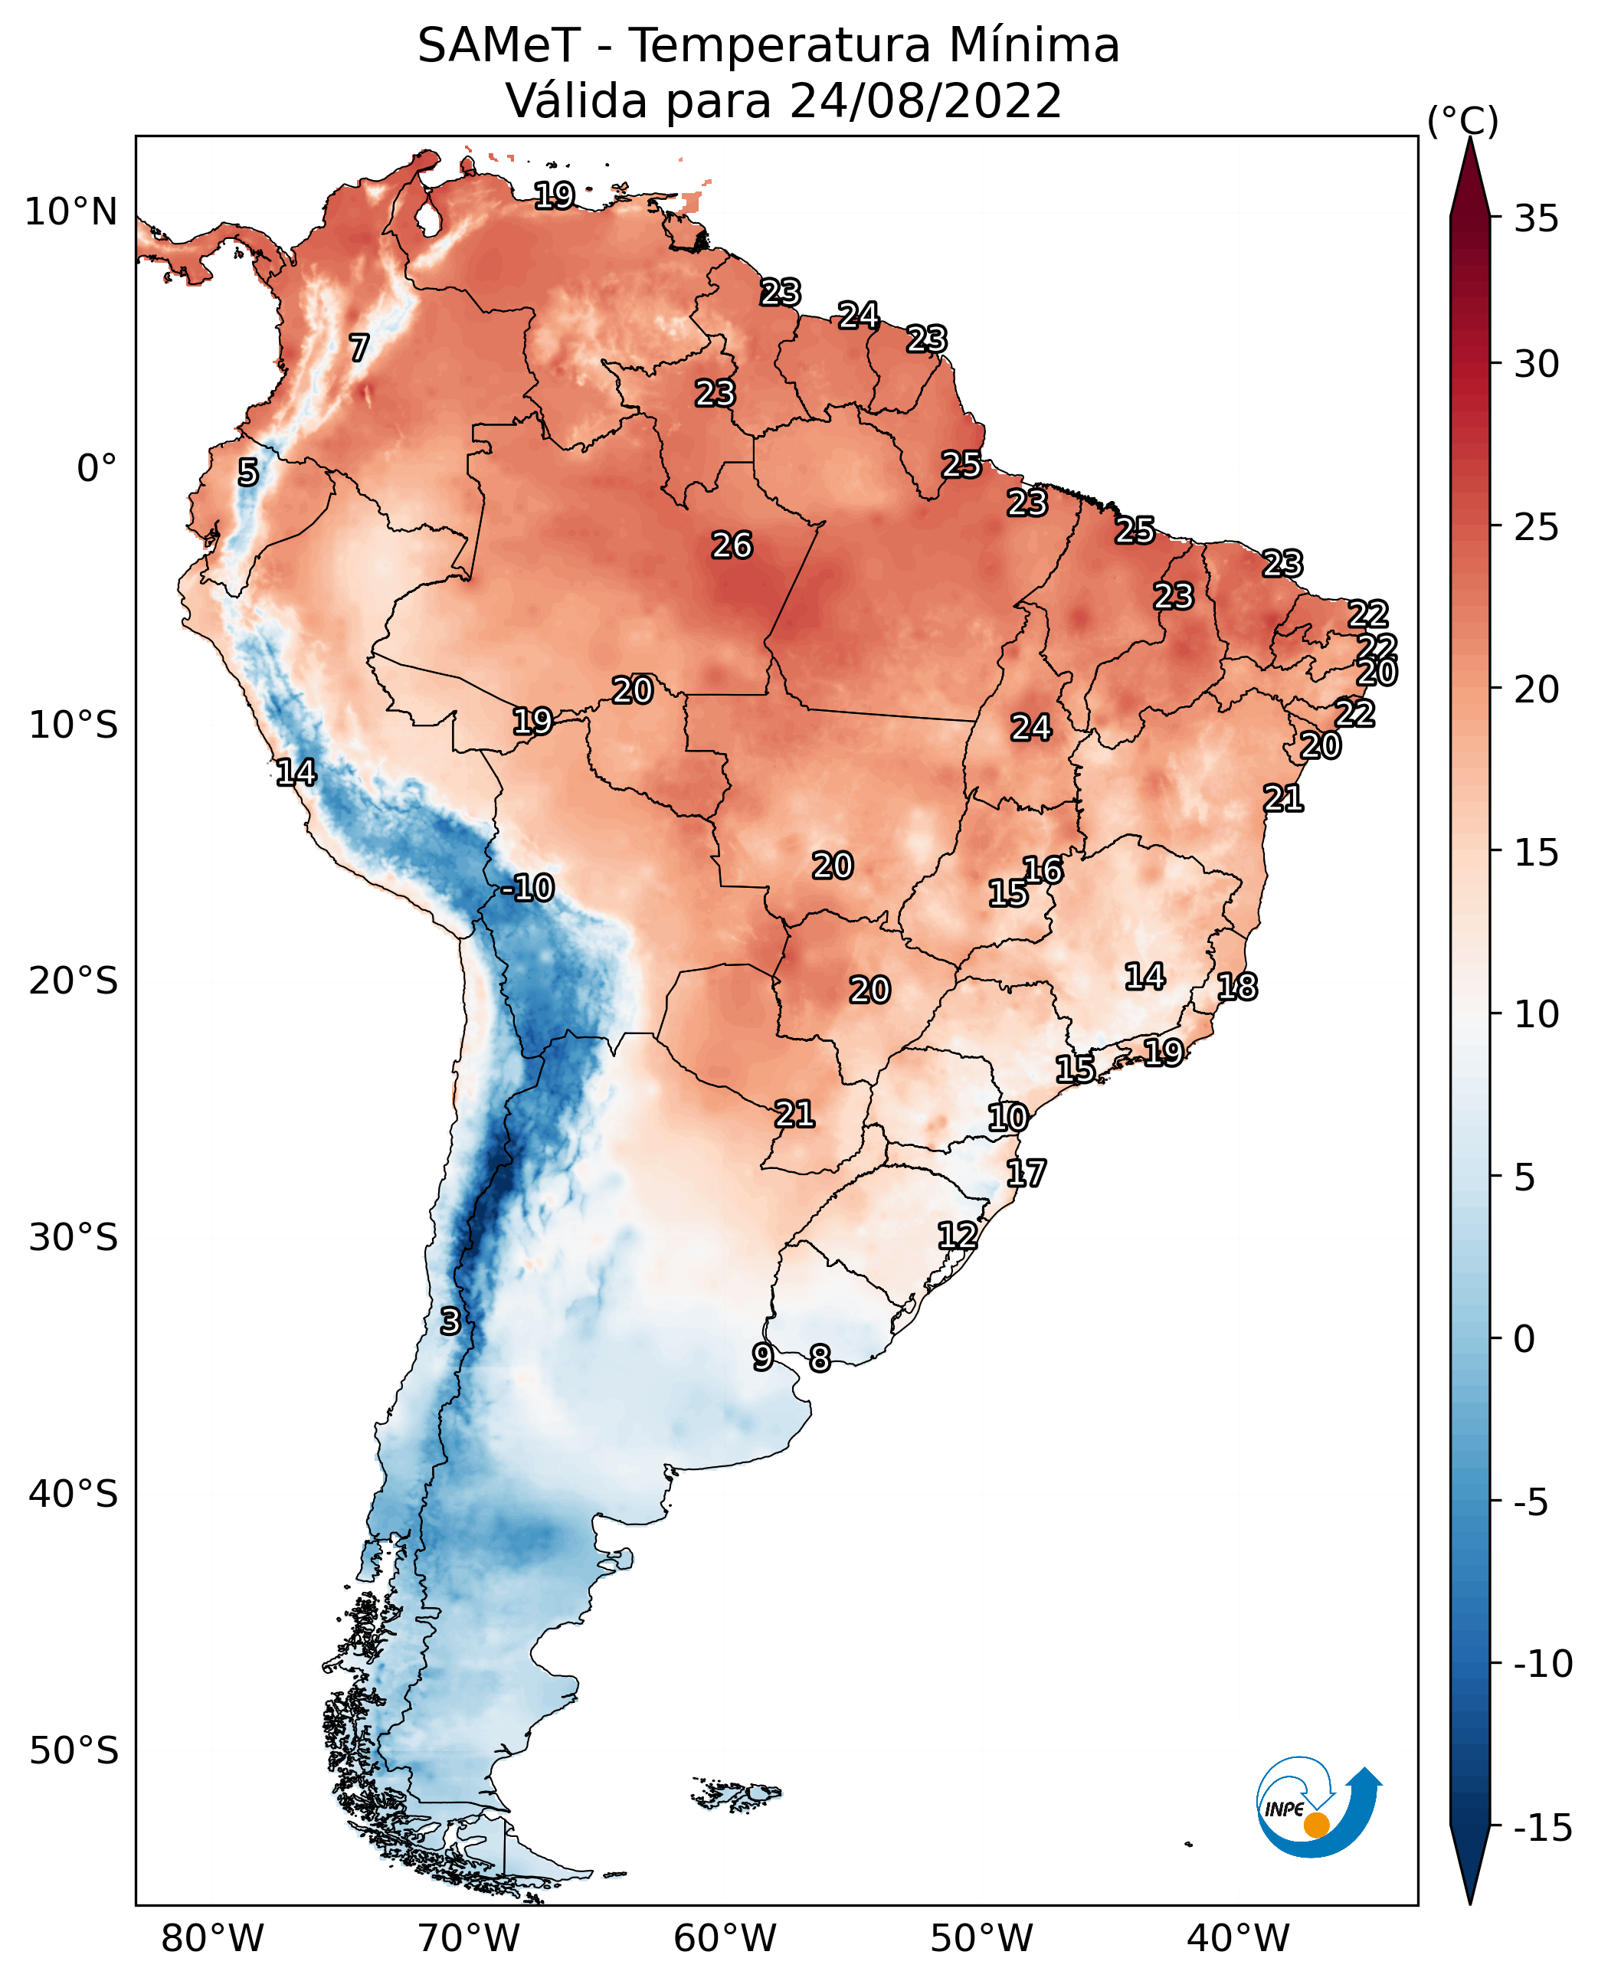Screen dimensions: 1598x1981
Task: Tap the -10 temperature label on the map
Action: click(528, 889)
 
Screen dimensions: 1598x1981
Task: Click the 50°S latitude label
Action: click(74, 1751)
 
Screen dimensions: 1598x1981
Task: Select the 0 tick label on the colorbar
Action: click(1525, 1339)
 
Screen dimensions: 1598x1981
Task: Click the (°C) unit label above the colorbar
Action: click(1462, 120)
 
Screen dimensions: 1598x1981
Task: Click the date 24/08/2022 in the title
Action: click(926, 100)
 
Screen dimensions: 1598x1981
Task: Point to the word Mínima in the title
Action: click(1035, 45)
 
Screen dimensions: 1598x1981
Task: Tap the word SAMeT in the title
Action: click(499, 45)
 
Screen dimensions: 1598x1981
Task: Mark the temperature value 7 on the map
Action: click(359, 348)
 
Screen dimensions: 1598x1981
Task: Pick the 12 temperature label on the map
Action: click(958, 1236)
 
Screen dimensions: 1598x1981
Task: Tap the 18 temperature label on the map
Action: click(1237, 987)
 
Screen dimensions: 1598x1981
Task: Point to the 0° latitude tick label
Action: click(97, 469)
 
